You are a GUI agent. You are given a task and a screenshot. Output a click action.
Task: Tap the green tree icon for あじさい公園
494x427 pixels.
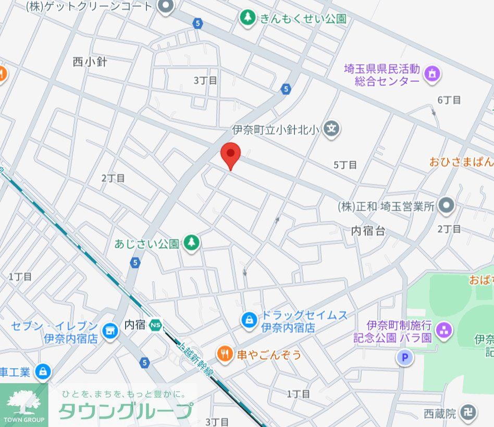(x=192, y=242)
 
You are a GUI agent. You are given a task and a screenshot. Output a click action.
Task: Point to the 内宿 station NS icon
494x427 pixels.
(x=155, y=324)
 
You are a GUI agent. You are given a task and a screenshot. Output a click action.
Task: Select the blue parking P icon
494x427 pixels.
(x=404, y=358)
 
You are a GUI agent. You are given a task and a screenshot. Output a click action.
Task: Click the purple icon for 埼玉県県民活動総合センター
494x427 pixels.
(x=432, y=74)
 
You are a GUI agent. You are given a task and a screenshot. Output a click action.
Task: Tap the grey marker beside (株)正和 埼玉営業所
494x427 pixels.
(x=446, y=206)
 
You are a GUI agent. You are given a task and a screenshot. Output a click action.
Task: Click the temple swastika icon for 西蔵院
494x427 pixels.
(x=470, y=413)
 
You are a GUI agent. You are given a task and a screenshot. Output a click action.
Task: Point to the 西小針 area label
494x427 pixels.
(x=90, y=62)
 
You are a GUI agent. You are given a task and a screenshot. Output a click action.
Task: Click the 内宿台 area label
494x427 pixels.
(x=368, y=230)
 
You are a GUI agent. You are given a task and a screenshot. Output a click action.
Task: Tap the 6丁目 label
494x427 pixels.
(x=449, y=100)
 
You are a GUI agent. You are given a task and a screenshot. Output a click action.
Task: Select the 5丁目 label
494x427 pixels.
(x=345, y=165)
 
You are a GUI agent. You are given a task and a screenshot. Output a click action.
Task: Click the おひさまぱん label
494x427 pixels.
(x=462, y=162)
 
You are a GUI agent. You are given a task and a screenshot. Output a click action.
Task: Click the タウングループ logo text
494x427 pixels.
(x=125, y=411)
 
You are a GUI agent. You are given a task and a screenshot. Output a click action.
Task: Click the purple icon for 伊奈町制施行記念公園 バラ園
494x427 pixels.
(x=445, y=330)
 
